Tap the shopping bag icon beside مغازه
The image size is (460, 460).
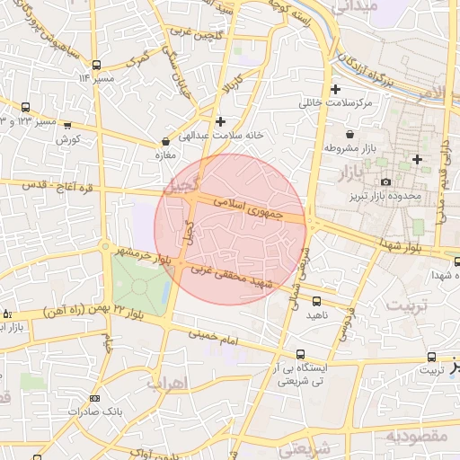(x=165, y=141)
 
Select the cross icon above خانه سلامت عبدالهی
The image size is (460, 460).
(x=220, y=120)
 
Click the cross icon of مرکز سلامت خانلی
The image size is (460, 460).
(x=336, y=90)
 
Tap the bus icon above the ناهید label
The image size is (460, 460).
(x=316, y=300)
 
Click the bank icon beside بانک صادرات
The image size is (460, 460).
(x=96, y=397)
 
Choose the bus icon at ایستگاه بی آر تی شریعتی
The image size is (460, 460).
(x=300, y=355)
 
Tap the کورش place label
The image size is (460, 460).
(x=68, y=140)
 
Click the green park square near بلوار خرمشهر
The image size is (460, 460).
(x=138, y=289)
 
